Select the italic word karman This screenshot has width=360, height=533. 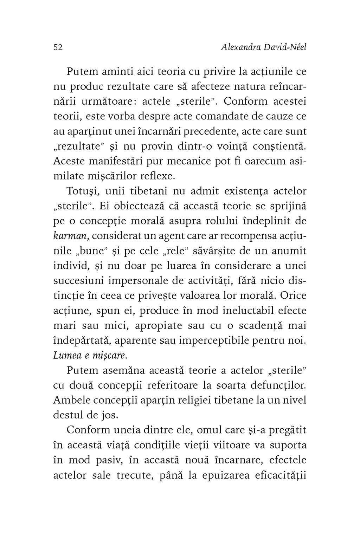pos(68,236)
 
